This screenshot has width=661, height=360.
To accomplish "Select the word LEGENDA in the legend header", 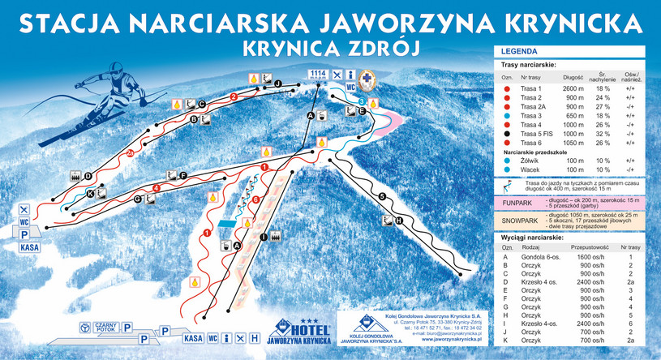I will pos(520,51).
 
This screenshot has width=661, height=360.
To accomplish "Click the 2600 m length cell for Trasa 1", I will pos(571,88).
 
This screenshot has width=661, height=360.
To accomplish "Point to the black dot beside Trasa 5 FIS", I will pos(507,134).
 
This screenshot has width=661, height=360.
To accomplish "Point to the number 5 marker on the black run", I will pos(380,195).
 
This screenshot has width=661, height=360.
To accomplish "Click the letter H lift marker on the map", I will pos(397,220).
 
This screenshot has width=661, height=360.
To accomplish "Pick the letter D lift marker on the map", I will pos(87,176).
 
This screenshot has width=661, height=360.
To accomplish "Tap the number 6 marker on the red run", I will pos(255,199).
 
